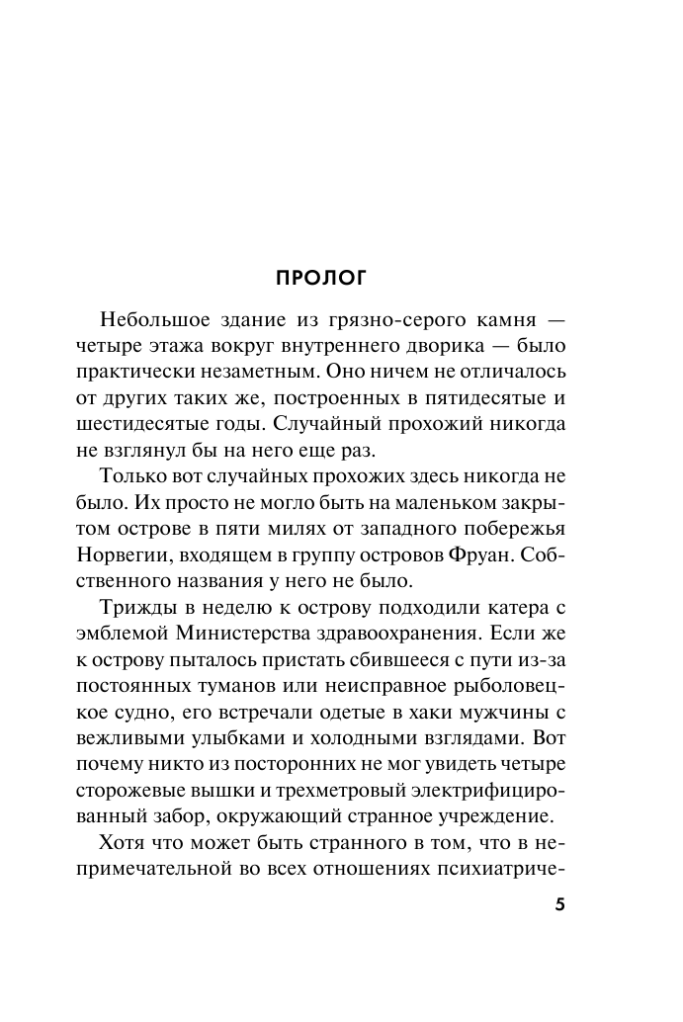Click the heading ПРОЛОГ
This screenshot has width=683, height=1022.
320,278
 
